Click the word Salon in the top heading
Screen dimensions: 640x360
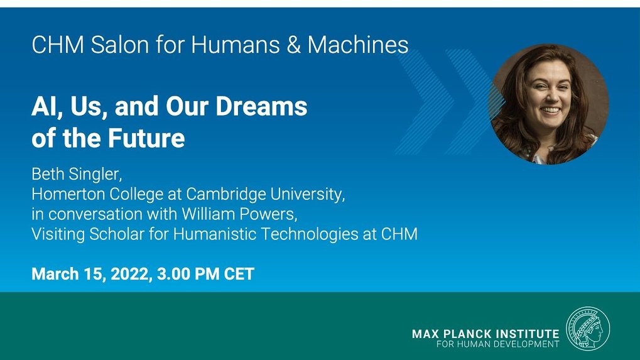click(x=119, y=45)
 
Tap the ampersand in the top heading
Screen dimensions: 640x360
click(x=293, y=45)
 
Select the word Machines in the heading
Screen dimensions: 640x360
click(x=358, y=45)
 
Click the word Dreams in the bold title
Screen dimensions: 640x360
click(x=261, y=106)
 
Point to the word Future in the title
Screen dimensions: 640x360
click(x=146, y=138)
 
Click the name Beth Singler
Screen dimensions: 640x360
click(x=77, y=174)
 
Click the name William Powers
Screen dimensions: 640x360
click(x=239, y=214)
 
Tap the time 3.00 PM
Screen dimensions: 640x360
click(x=188, y=274)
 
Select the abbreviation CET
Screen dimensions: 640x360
click(x=239, y=274)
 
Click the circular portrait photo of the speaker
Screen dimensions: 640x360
click(x=549, y=104)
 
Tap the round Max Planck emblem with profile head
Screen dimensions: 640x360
click(x=588, y=329)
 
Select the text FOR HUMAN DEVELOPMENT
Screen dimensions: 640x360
click(x=498, y=344)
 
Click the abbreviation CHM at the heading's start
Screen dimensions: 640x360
click(x=58, y=45)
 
